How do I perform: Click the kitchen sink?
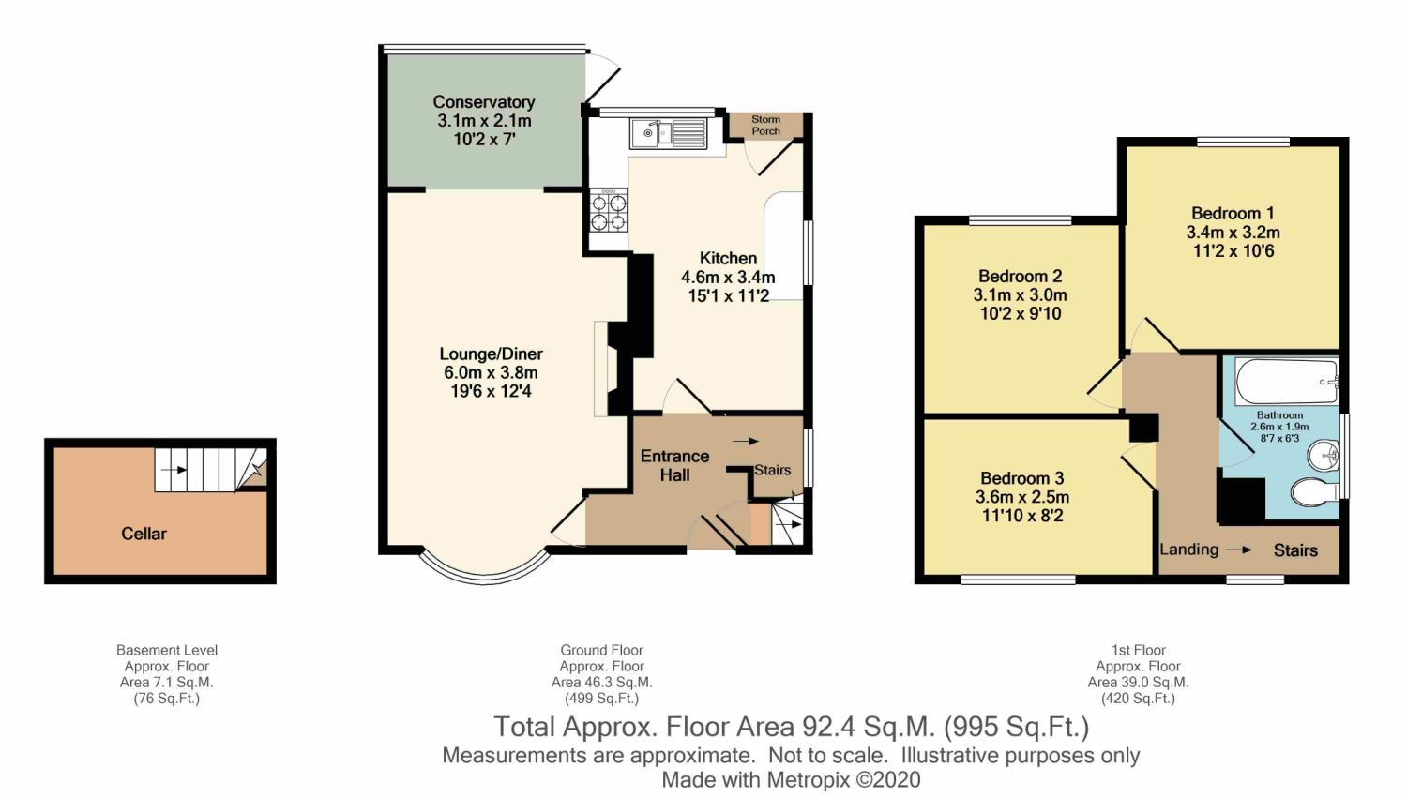[669, 133]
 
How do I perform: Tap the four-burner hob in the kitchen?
[607, 211]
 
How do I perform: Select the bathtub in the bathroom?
[1286, 381]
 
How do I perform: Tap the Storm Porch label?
[765, 125]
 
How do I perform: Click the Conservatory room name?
[484, 102]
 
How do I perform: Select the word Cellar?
[144, 534]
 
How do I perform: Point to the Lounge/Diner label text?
[491, 354]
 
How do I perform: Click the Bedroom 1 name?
[1233, 213]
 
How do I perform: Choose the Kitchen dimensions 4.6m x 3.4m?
[728, 277]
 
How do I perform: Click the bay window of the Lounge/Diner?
[482, 569]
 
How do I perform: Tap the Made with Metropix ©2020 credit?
[791, 780]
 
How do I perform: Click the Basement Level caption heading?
[167, 650]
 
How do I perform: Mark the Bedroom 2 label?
[1020, 276]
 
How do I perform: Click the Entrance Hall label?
[674, 465]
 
